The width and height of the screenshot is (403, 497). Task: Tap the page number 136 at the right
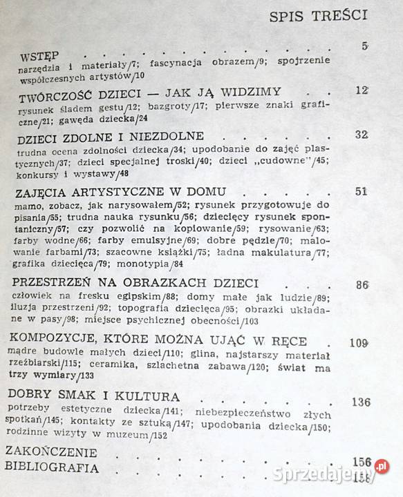click(x=377, y=402)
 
